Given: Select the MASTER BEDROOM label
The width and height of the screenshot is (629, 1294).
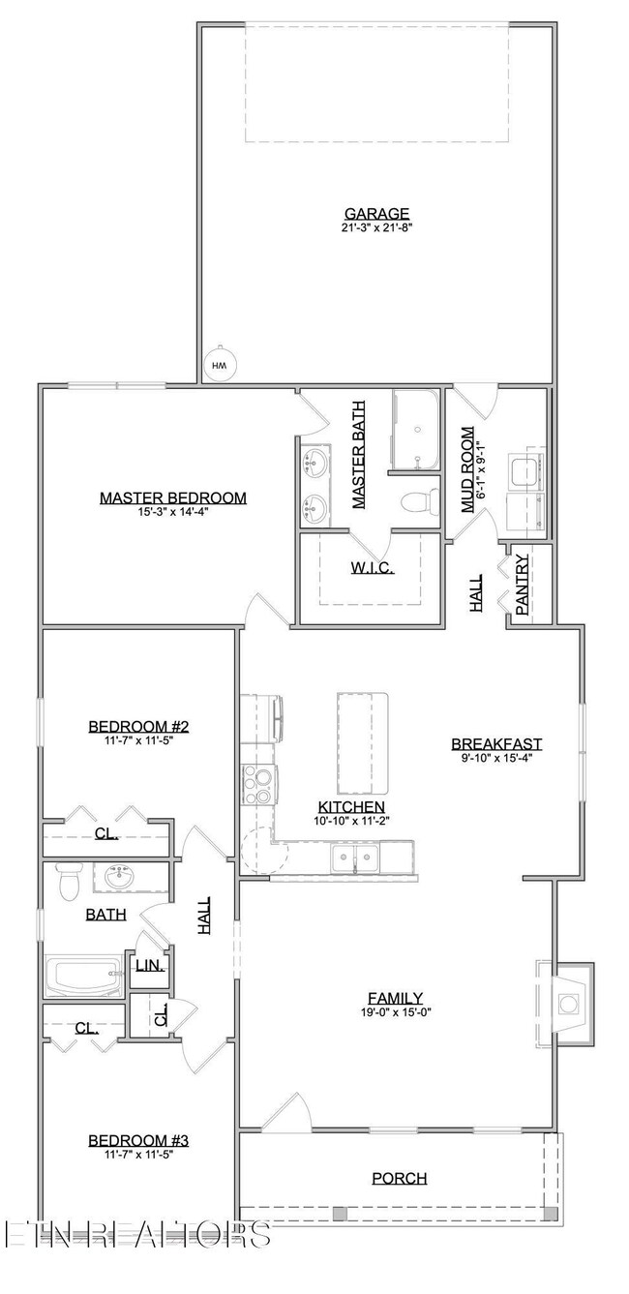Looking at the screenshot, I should pyautogui.click(x=172, y=498).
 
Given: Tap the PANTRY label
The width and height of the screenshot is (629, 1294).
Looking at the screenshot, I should pyautogui.click(x=522, y=585).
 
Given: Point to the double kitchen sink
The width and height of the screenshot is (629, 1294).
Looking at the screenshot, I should pyautogui.click(x=355, y=858).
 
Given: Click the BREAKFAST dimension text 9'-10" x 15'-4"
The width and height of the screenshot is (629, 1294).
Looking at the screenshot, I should pyautogui.click(x=496, y=758).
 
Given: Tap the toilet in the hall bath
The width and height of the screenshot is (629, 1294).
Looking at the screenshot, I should pyautogui.click(x=68, y=882).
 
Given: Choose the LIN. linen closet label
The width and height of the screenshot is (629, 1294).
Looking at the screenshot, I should pyautogui.click(x=148, y=966).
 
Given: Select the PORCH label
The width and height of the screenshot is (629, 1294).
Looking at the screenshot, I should pyautogui.click(x=400, y=1178).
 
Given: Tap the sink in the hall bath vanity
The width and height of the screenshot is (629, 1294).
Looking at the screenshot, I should pyautogui.click(x=120, y=879).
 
